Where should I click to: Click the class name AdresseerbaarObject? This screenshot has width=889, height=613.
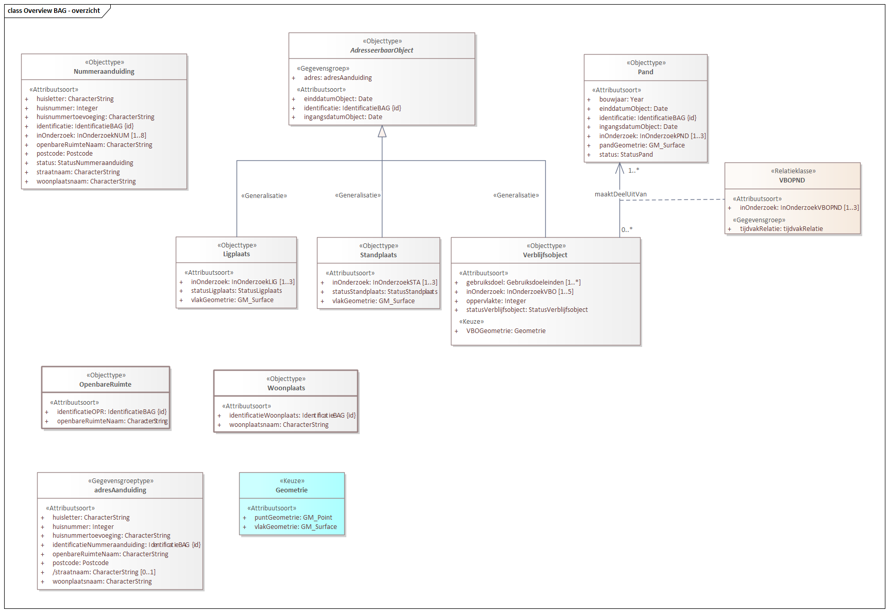tap(381, 51)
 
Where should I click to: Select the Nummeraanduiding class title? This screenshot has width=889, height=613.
tap(104, 72)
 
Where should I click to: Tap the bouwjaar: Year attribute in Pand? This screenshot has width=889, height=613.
tap(621, 100)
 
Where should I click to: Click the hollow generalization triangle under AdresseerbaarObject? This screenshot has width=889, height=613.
tap(382, 132)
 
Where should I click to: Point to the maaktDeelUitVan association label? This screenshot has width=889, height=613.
tap(620, 194)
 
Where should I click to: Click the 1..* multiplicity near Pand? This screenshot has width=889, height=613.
tap(633, 170)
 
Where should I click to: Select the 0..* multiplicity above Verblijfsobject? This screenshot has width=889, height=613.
tap(627, 230)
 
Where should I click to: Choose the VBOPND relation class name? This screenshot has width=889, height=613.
tap(792, 180)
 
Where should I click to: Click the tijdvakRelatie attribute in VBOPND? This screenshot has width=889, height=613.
tap(781, 229)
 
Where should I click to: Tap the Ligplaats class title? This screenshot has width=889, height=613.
tap(237, 254)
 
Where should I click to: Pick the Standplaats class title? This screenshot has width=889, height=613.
tap(378, 255)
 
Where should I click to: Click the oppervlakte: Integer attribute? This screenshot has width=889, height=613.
tap(496, 301)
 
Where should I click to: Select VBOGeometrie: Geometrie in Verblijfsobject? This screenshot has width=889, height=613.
tap(506, 331)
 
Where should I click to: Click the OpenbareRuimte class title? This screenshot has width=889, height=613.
tap(105, 385)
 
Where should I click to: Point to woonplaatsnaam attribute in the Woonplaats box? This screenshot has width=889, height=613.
tap(278, 425)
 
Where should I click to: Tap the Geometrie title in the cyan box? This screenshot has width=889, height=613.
tap(291, 490)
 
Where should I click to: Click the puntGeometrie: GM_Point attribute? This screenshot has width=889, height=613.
tap(293, 518)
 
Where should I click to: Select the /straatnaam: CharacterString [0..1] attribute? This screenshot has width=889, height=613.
tap(104, 572)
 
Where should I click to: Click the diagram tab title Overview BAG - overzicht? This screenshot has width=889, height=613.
tap(54, 11)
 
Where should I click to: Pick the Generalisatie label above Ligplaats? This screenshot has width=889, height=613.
tap(264, 196)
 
